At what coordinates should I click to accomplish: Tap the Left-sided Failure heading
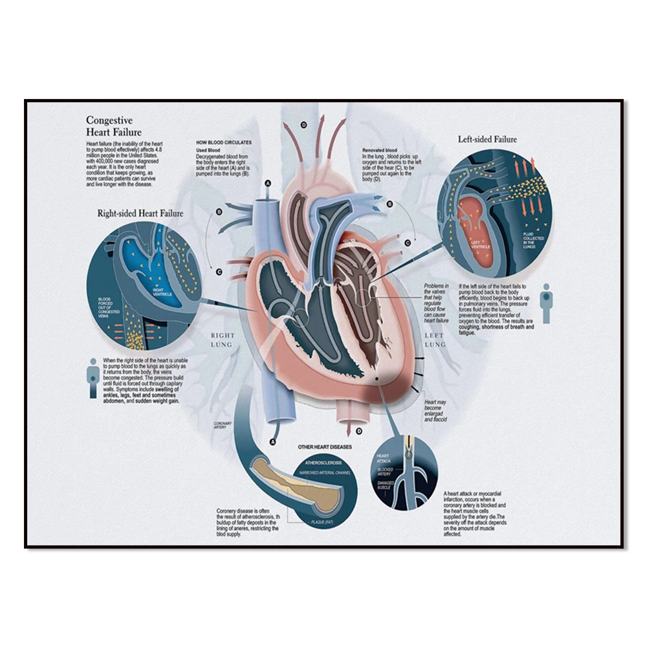(x=487, y=139)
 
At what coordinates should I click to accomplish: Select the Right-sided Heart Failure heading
(x=140, y=212)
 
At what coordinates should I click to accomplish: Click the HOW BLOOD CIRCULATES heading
(x=224, y=142)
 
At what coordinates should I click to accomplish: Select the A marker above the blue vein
(x=268, y=184)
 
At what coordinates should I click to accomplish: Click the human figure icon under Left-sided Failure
(x=547, y=303)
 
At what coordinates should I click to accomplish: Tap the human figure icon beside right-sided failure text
(x=94, y=378)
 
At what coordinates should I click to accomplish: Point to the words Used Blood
(x=209, y=149)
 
